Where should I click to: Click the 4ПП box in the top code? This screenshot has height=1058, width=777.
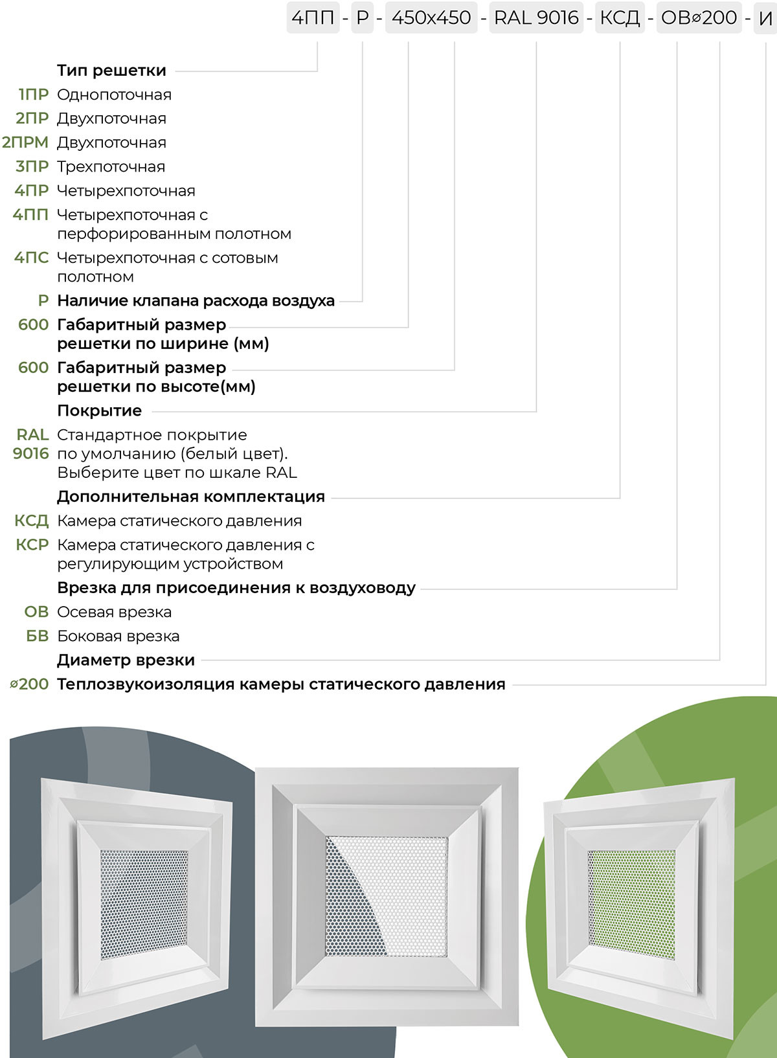pyautogui.click(x=313, y=17)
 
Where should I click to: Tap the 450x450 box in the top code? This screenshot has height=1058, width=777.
pyautogui.click(x=431, y=17)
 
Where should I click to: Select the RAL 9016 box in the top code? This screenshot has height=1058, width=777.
pyautogui.click(x=536, y=17)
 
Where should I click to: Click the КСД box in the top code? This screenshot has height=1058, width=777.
pyautogui.click(x=620, y=17)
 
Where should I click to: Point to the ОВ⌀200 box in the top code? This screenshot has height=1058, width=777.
pyautogui.click(x=699, y=17)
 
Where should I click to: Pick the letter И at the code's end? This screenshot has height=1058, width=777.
pyautogui.click(x=765, y=18)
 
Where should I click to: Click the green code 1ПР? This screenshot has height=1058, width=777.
pyautogui.click(x=34, y=95)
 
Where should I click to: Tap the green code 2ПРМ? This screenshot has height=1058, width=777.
pyautogui.click(x=25, y=142)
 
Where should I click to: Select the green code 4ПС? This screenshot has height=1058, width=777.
pyautogui.click(x=32, y=258)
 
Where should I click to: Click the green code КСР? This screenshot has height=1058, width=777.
pyautogui.click(x=32, y=545)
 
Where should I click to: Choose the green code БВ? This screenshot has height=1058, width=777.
pyautogui.click(x=38, y=636)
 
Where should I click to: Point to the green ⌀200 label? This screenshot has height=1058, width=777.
pyautogui.click(x=30, y=684)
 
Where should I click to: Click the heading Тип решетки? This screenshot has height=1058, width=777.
pyautogui.click(x=111, y=70)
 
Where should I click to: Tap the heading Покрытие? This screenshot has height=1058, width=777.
pyautogui.click(x=99, y=411)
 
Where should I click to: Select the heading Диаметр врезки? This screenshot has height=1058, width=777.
pyautogui.click(x=126, y=660)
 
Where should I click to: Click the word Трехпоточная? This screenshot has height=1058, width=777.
pyautogui.click(x=111, y=166)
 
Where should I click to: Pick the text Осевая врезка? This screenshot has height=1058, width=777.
pyautogui.click(x=114, y=612)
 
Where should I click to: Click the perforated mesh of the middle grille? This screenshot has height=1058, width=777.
pyautogui.click(x=387, y=896)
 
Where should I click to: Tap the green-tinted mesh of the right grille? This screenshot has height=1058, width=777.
pyautogui.click(x=631, y=905)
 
